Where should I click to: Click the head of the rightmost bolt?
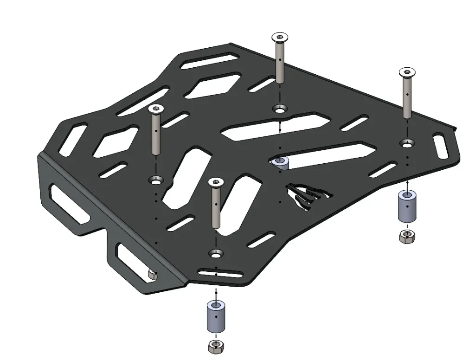[x=407, y=72]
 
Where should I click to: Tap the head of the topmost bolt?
[x=279, y=37]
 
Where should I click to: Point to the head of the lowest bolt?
[x=215, y=181]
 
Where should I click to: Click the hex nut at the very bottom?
[x=215, y=346]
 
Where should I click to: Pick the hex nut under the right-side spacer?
[x=407, y=237]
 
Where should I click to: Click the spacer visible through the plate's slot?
[x=280, y=163]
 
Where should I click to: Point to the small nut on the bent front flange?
[x=152, y=274]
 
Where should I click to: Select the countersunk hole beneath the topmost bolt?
[x=279, y=110]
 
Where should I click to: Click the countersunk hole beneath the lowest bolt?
[x=215, y=253]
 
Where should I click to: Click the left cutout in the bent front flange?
[x=68, y=203]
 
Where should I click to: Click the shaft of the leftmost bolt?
[x=155, y=135]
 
